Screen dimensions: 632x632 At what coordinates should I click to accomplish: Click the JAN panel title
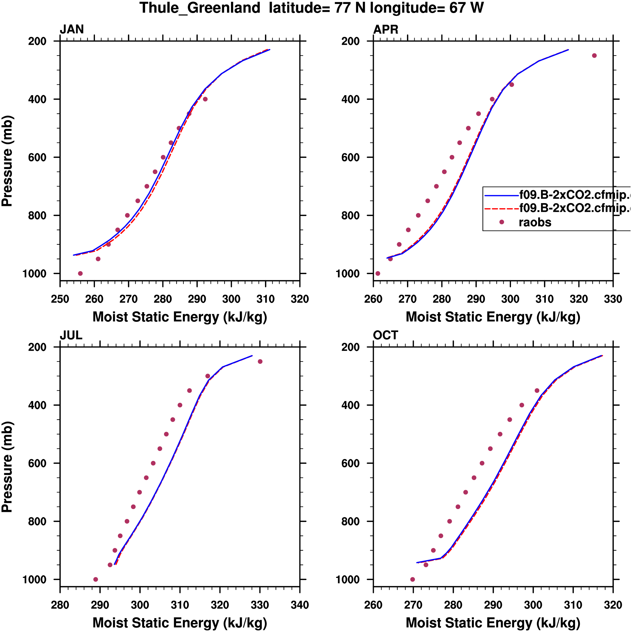pyautogui.click(x=72, y=29)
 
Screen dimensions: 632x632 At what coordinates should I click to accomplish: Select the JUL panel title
pyautogui.click(x=71, y=335)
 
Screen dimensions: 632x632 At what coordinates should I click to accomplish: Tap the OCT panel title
pyautogui.click(x=385, y=335)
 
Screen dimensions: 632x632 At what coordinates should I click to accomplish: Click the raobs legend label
pyautogui.click(x=535, y=223)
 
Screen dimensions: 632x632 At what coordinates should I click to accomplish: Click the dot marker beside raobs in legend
pyautogui.click(x=501, y=222)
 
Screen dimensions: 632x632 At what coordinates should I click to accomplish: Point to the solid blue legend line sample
pyautogui.click(x=501, y=196)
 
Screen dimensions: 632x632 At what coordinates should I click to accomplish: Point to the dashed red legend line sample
pyautogui.click(x=501, y=208)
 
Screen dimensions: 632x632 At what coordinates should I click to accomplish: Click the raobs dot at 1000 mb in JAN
pyautogui.click(x=80, y=273)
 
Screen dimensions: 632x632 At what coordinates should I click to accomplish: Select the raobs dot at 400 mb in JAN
pyautogui.click(x=205, y=99)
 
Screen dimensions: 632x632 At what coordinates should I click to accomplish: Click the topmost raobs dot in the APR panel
pyautogui.click(x=594, y=56)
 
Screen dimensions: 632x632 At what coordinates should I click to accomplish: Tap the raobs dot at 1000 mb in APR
pyautogui.click(x=378, y=273)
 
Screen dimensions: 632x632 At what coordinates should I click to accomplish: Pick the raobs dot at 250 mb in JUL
pyautogui.click(x=260, y=361)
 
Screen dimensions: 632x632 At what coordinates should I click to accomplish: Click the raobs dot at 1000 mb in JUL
pyautogui.click(x=96, y=579)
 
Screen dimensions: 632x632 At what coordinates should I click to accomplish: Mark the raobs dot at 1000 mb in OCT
pyautogui.click(x=412, y=579)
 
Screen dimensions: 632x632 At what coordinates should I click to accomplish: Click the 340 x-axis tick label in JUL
pyautogui.click(x=300, y=605)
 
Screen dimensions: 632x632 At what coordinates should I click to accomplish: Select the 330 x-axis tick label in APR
pyautogui.click(x=613, y=299)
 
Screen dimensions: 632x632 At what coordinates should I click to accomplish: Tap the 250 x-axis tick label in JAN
pyautogui.click(x=60, y=299)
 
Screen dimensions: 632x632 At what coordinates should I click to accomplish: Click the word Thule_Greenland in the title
pyautogui.click(x=200, y=8)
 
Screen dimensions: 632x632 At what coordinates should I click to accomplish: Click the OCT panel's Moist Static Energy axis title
pyautogui.click(x=493, y=623)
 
